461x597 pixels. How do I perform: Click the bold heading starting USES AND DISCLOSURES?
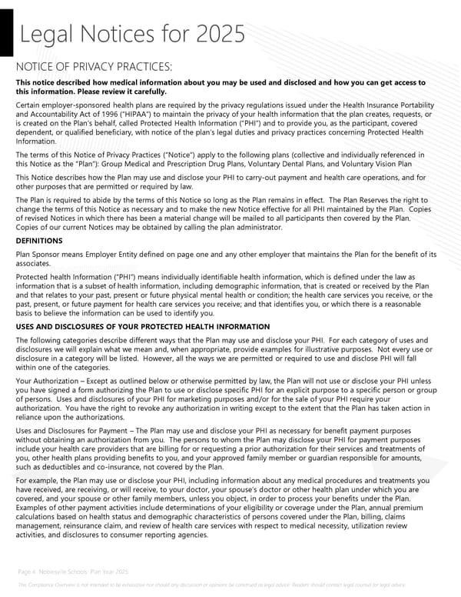coord(142,327)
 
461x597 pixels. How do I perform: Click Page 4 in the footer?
coord(26,572)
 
